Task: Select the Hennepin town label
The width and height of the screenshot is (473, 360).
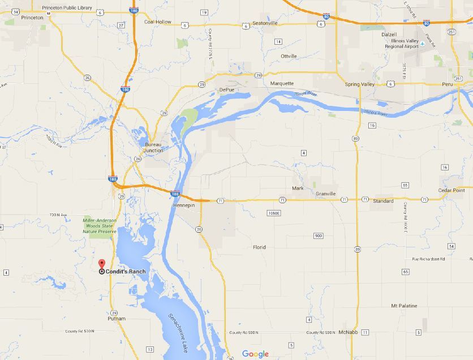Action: (x=183, y=205)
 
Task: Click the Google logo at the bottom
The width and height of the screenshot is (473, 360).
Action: (x=255, y=354)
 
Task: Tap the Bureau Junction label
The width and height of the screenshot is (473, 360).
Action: (x=153, y=147)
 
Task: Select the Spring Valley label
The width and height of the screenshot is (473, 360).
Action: (x=360, y=84)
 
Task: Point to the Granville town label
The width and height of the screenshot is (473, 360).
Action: (x=326, y=194)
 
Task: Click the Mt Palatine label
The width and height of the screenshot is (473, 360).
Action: (x=404, y=306)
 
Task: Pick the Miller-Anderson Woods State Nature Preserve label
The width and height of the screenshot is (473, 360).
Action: (x=99, y=226)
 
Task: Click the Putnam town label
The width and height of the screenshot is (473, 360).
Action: (x=116, y=319)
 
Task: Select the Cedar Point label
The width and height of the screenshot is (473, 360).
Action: (x=451, y=190)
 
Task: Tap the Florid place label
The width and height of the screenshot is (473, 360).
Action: (x=259, y=247)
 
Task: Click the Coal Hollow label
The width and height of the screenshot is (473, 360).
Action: (x=158, y=22)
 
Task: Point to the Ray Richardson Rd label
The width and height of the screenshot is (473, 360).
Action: (x=428, y=259)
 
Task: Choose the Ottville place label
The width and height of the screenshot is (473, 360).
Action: (x=289, y=56)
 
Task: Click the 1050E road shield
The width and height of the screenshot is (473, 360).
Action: (x=274, y=213)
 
